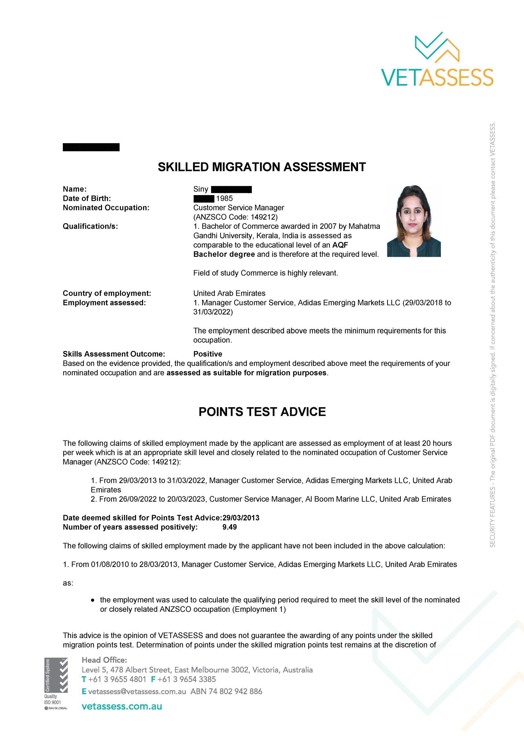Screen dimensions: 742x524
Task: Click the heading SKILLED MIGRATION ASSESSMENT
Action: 262,167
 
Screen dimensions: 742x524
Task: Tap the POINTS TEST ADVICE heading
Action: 262,412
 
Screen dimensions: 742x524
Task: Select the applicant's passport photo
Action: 414,221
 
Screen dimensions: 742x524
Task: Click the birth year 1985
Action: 224,199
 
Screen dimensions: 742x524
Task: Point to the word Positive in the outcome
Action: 208,354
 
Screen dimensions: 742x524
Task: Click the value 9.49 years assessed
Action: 230,527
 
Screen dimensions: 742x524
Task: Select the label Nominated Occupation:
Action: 106,208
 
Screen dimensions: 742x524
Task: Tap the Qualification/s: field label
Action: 90,226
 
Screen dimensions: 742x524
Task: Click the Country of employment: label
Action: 107,293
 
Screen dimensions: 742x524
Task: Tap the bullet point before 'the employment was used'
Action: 93,600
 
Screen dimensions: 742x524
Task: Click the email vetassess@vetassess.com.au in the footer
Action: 137,692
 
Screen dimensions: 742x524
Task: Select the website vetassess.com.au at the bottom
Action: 122,706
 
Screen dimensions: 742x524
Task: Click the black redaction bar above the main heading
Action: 91,147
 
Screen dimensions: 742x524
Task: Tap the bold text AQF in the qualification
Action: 340,245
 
